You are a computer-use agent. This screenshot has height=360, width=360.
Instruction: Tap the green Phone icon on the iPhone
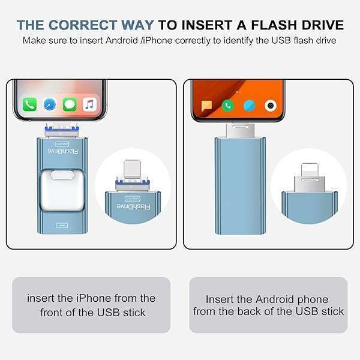[x=30, y=104]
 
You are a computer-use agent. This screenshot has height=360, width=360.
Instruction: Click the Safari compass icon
[x=50, y=104]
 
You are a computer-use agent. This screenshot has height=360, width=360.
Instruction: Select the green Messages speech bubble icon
[x=70, y=104]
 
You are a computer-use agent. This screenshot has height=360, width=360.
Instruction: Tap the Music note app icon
[x=90, y=104]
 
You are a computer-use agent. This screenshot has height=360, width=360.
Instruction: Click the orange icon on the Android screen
[x=206, y=106]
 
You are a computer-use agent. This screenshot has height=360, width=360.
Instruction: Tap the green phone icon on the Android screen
[x=227, y=106]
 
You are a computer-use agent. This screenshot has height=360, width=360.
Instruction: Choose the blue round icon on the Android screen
[x=249, y=106]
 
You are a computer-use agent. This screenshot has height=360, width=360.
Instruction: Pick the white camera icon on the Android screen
[x=271, y=106]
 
